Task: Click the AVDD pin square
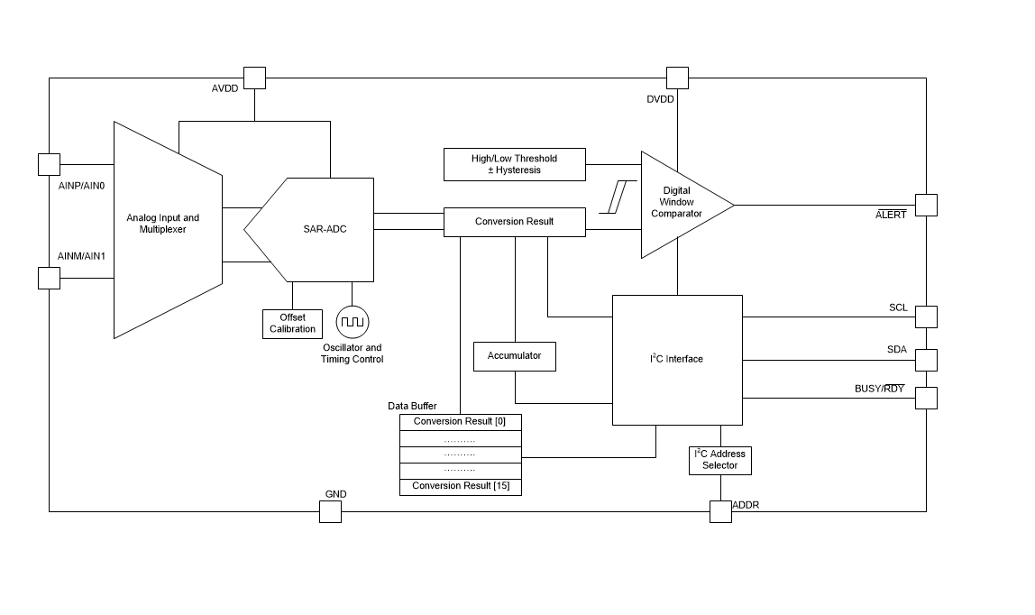(255, 78)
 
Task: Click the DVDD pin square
(677, 78)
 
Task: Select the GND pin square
(331, 511)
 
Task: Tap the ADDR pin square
(720, 511)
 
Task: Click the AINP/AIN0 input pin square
(49, 164)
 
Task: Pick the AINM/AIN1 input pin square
(49, 278)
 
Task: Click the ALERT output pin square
(926, 205)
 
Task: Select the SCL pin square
(926, 317)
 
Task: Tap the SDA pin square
(926, 360)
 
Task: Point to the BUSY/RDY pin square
(926, 398)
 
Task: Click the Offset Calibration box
(292, 324)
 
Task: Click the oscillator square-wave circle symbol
(352, 321)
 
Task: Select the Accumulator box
(515, 356)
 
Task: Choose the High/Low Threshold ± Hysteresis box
(514, 164)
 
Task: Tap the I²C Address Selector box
(719, 460)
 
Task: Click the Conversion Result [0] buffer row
(460, 422)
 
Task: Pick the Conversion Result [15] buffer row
(460, 487)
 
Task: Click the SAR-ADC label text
(325, 229)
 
